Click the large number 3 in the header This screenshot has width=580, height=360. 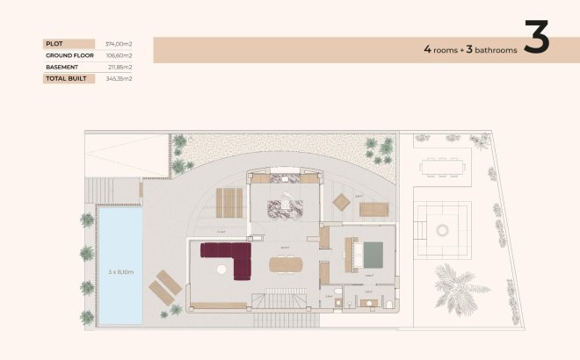tap(536, 38)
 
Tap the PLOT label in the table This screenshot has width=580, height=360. tap(54, 43)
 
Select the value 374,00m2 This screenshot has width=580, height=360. tap(119, 43)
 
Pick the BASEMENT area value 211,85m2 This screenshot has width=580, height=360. tap(119, 67)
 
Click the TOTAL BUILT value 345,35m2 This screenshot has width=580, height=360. tap(119, 78)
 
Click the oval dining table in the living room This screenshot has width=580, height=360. tap(286, 263)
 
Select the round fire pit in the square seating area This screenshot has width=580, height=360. tap(443, 230)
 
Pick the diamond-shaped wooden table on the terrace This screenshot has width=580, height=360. tap(340, 202)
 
